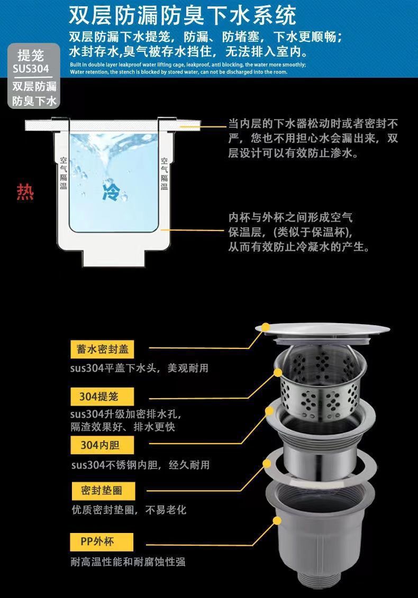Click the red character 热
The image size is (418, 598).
[x=25, y=192]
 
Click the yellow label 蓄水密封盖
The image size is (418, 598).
[x=102, y=349]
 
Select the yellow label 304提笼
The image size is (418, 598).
[x=102, y=397]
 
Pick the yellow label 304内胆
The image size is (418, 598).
[x=102, y=445]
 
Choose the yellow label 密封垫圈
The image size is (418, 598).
[x=103, y=491]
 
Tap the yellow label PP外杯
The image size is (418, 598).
[x=102, y=542]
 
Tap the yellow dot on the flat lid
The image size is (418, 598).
[x=266, y=327]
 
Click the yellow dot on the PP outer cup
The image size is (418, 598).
[x=277, y=521]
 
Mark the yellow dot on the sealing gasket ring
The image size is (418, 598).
[x=267, y=463]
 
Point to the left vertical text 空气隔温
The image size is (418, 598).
[x=63, y=173]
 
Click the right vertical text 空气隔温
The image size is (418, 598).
[x=164, y=174]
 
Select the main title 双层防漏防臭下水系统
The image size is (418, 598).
[x=183, y=15]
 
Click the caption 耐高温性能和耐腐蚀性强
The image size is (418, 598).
[x=128, y=562]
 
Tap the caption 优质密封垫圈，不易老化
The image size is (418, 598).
[x=129, y=510]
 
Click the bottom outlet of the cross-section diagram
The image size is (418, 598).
[x=114, y=259]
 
